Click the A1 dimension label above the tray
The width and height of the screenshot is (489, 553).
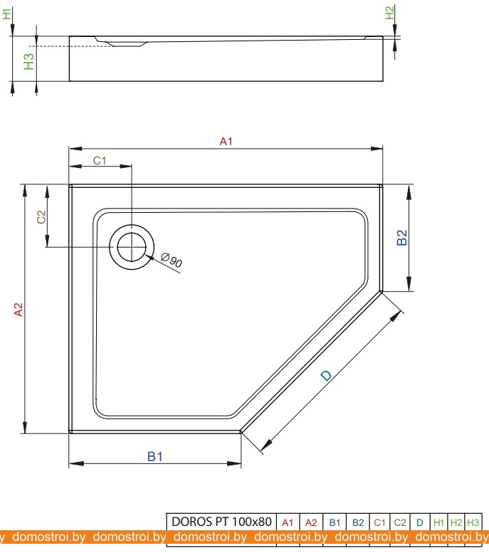pyautogui.click(x=226, y=142)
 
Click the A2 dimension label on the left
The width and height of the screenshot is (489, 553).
pyautogui.click(x=19, y=310)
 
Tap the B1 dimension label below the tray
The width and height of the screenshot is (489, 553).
pyautogui.click(x=155, y=457)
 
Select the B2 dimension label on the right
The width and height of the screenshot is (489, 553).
pyautogui.click(x=402, y=238)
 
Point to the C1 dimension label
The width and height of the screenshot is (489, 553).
pyautogui.click(x=100, y=160)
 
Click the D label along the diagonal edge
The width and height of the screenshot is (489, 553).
pyautogui.click(x=326, y=376)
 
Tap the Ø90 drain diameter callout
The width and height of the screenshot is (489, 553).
pyautogui.click(x=172, y=260)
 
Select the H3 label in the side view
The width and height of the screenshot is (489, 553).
pyautogui.click(x=28, y=62)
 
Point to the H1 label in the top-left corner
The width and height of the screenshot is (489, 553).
pyautogui.click(x=8, y=13)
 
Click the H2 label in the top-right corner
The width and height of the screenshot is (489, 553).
pyautogui.click(x=389, y=13)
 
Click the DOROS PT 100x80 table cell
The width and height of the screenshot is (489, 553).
pyautogui.click(x=221, y=522)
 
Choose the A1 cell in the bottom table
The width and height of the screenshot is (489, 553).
pyautogui.click(x=288, y=522)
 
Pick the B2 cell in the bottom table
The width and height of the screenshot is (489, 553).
pyautogui.click(x=358, y=522)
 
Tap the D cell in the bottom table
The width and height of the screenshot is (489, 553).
pyautogui.click(x=420, y=522)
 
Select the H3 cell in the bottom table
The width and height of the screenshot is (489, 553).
pyautogui.click(x=473, y=522)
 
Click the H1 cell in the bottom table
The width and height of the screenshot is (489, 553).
pyautogui.click(x=439, y=522)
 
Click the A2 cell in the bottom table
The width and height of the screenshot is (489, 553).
pyautogui.click(x=311, y=522)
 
